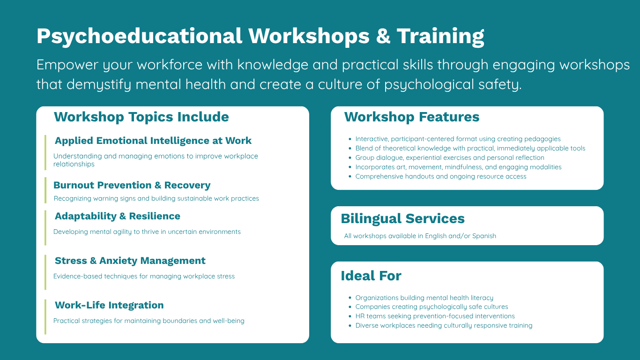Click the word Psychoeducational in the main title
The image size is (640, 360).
pos(140,37)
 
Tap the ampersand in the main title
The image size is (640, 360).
pos(383,36)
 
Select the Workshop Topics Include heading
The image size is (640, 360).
pos(141,117)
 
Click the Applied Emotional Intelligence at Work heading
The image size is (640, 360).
pos(153,141)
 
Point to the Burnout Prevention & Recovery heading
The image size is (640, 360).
pos(132,185)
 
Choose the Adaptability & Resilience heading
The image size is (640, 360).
pos(118,216)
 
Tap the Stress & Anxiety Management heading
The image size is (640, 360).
pos(130,261)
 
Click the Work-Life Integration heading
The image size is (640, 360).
pos(109,305)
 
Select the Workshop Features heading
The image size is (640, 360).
pos(412,117)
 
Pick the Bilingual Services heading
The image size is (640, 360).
pos(402,219)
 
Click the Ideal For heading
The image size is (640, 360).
pos(371,276)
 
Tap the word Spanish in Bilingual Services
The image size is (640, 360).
pos(484,236)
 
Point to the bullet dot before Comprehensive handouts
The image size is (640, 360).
pos(350,176)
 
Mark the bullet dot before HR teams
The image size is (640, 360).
pos(350,316)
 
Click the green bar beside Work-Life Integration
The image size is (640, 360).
pos(45,317)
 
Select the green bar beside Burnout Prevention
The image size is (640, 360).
pos(45,190)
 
